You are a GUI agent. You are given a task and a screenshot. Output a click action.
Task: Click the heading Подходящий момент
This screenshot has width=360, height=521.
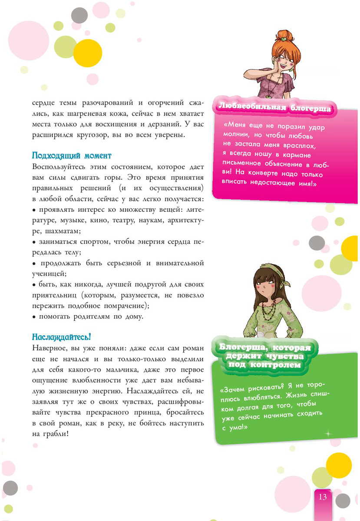[x=72, y=155]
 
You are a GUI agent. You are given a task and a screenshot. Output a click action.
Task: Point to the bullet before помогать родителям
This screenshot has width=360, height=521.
[x=34, y=317]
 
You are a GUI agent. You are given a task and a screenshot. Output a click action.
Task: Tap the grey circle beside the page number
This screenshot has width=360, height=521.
[x=343, y=500]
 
